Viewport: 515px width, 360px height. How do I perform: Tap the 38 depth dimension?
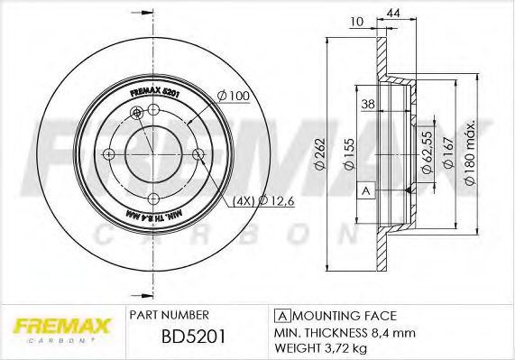click(x=367, y=104)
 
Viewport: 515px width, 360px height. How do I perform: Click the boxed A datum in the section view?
click(x=365, y=191)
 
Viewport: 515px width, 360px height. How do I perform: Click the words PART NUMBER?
click(x=170, y=315)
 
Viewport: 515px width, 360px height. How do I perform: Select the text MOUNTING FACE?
click(x=344, y=315)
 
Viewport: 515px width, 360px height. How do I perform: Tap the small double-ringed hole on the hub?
click(x=137, y=112)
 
